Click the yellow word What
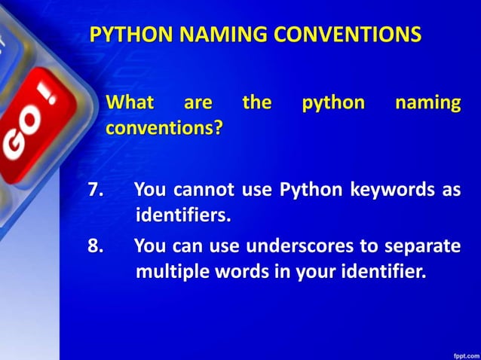(130, 102)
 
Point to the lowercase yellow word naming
(427, 102)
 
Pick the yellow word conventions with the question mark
(164, 127)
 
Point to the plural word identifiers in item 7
(182, 216)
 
